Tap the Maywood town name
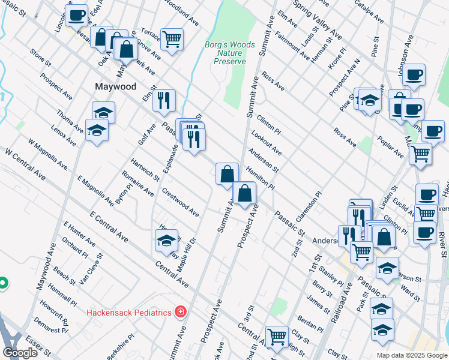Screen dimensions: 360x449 pyautogui.click(x=116, y=86)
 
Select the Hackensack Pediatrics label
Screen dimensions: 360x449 pyautogui.click(x=128, y=312)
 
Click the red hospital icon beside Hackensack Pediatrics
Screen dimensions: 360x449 pyautogui.click(x=179, y=312)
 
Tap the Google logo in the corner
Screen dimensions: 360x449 pyautogui.click(x=20, y=352)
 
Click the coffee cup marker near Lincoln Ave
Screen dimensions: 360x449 pyautogui.click(x=77, y=15)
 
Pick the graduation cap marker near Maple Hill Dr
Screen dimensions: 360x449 pyautogui.click(x=167, y=240)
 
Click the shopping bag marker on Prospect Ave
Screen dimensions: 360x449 pyautogui.click(x=245, y=193)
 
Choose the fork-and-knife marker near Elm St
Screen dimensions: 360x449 pyautogui.click(x=164, y=100)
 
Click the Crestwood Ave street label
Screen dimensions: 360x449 pyautogui.click(x=180, y=202)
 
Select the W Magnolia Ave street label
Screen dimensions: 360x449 pyautogui.click(x=47, y=153)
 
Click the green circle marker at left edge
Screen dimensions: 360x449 pyautogui.click(x=2, y=282)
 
